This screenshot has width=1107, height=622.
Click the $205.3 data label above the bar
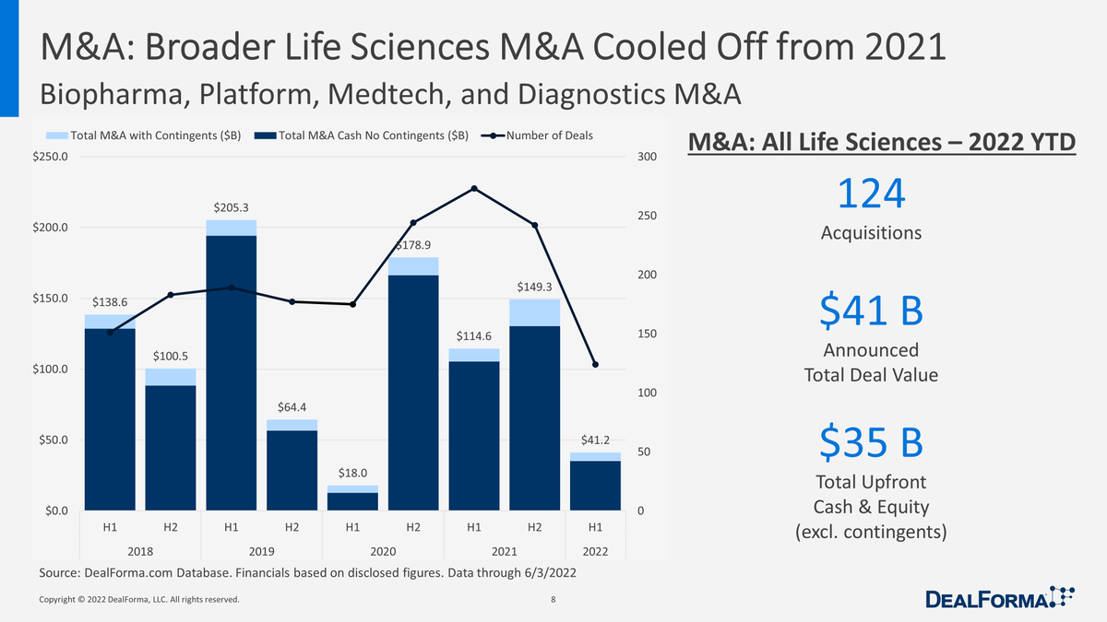coord(231,209)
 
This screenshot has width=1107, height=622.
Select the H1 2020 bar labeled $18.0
coord(352,498)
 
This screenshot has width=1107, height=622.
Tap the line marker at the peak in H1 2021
coord(473,189)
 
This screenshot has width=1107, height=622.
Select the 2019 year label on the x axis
coord(261,551)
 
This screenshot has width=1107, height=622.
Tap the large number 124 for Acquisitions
coord(871,194)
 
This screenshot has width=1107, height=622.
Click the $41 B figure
coord(871,312)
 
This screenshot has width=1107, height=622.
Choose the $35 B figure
coord(871,443)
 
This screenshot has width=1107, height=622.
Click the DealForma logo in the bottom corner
coord(1000,599)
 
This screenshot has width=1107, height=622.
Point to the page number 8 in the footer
coord(553,600)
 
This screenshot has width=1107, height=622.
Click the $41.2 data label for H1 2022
coord(595,441)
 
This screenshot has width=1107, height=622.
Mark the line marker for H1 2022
coord(595,365)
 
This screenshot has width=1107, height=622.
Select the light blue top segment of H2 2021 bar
coord(534,312)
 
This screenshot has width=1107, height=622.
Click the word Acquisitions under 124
coord(871,233)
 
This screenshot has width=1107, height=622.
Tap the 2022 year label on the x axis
coord(595,551)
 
